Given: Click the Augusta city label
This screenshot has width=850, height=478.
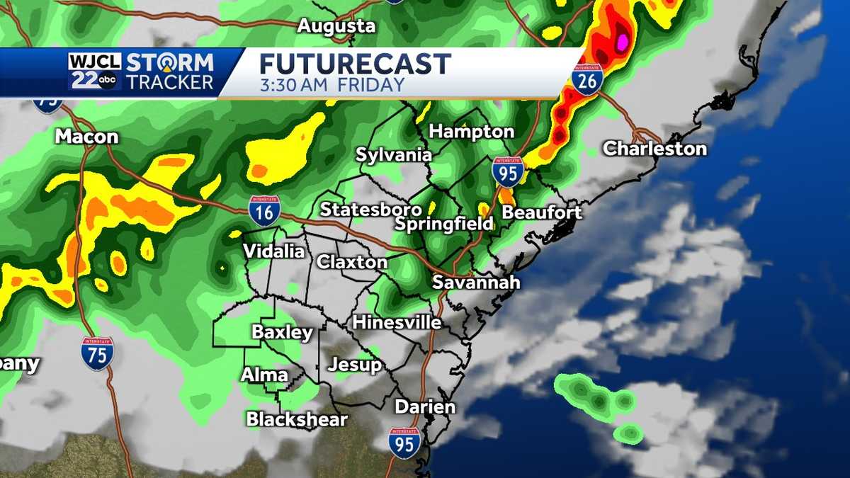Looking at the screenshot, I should point(336,26).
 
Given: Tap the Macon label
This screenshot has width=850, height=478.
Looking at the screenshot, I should point(86,137).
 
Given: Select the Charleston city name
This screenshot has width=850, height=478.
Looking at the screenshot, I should point(654,149).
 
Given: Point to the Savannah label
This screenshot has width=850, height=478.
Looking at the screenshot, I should point(476,282).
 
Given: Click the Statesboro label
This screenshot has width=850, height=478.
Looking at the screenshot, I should point(370,210).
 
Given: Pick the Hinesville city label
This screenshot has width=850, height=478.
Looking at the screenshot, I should point(397,322).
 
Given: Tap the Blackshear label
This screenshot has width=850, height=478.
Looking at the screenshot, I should point(297,419).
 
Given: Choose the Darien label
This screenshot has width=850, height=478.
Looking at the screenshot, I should point(424,406).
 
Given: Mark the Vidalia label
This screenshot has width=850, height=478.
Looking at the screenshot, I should point(273,251).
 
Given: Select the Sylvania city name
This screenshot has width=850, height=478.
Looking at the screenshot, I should point(394,154).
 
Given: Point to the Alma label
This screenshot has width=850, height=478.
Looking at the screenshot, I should point(264,375).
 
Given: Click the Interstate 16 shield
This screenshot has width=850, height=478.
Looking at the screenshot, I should point(264,211).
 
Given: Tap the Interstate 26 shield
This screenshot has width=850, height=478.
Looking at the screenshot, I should point(588,79).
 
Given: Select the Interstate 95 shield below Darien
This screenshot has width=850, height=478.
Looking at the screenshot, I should point(404,442).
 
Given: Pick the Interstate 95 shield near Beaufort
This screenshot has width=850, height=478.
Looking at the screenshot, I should point(508,172).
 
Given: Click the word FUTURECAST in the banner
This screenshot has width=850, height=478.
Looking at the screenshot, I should point(355,64).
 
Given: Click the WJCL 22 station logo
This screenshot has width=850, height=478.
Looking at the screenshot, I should point(95,72).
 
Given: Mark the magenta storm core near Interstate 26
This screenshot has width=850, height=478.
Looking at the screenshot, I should point(623,42).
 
